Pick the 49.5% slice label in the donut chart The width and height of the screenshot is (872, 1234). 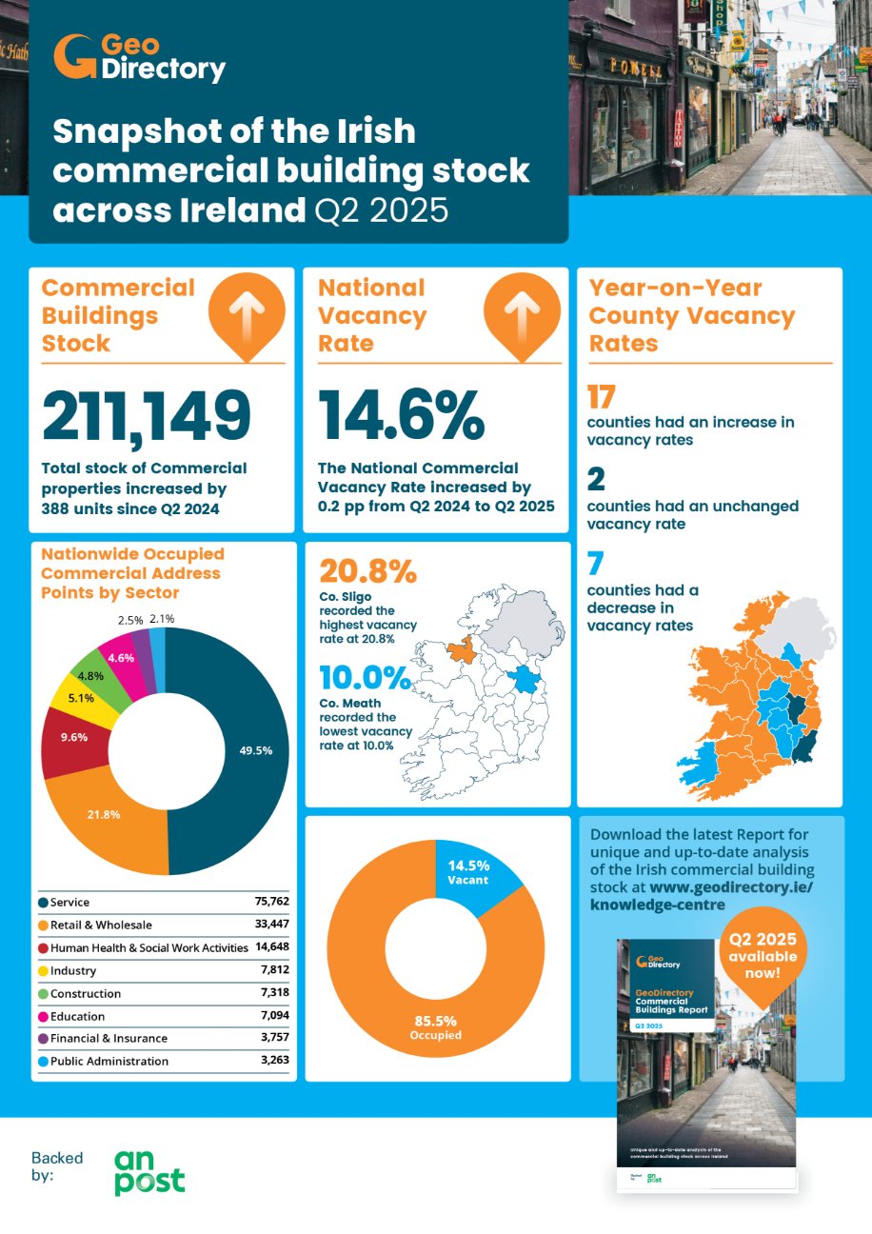[x=255, y=750]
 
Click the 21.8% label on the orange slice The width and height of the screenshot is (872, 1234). [x=105, y=814]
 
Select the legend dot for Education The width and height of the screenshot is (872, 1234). [x=44, y=1016]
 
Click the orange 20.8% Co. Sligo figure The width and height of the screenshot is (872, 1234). [x=367, y=571]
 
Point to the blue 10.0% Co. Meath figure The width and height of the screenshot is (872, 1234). [x=366, y=678]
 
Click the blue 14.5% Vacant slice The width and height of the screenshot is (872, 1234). [x=470, y=871]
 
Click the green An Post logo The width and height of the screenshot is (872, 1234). [x=149, y=1172]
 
